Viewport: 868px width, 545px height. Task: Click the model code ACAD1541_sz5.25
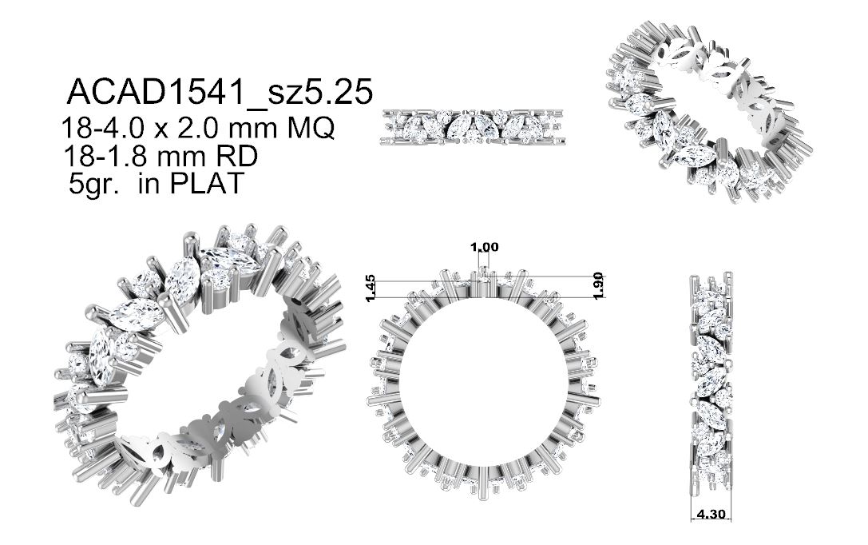[220, 91]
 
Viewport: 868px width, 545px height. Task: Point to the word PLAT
[207, 183]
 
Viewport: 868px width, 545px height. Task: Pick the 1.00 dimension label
[485, 247]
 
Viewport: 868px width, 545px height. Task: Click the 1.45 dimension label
[371, 288]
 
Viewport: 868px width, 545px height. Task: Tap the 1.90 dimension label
[597, 286]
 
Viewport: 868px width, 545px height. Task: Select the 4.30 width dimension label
[711, 514]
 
